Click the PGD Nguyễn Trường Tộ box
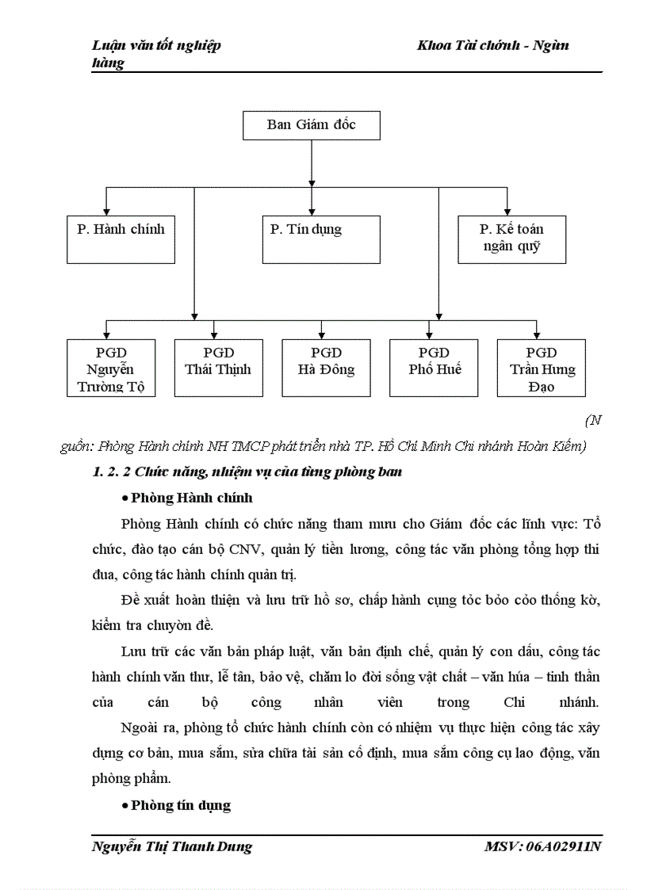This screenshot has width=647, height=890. (x=110, y=369)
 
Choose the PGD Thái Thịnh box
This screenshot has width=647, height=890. (x=218, y=369)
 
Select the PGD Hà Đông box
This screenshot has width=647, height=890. (x=326, y=369)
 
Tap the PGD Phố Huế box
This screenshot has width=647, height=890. (x=434, y=369)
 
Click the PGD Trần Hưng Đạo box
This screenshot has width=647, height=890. (x=542, y=369)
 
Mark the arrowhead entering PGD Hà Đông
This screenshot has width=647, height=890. (x=321, y=335)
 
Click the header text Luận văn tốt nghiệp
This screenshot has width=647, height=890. (x=157, y=46)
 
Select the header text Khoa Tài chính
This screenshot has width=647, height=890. (x=461, y=46)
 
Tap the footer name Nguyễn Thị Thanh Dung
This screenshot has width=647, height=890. (x=172, y=846)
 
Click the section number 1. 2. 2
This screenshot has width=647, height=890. (x=112, y=472)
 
